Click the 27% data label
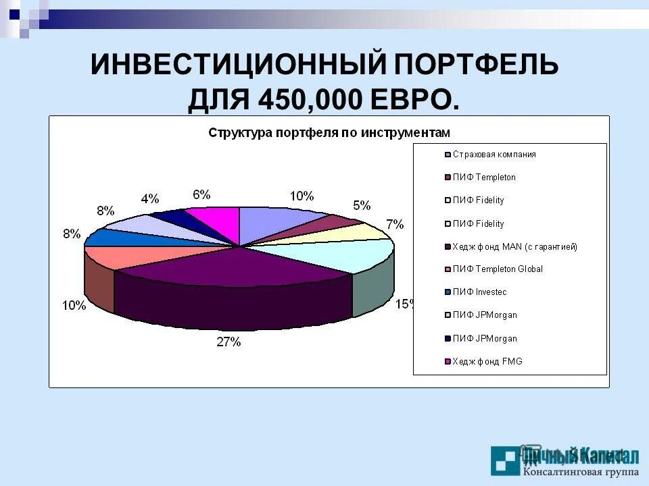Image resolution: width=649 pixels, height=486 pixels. point(229,342)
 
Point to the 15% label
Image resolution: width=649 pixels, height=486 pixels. point(404,304)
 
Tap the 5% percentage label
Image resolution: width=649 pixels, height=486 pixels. point(362,205)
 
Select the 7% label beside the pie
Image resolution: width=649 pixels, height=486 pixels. point(394,224)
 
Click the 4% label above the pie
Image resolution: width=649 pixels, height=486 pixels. point(149,198)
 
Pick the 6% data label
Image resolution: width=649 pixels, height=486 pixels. point(201,194)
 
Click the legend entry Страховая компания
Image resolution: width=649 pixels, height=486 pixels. point(494,155)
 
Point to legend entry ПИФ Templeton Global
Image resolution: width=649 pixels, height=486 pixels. point(498,269)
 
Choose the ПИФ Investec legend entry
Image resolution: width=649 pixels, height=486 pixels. point(479,292)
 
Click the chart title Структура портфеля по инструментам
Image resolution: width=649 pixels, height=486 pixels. point(329,132)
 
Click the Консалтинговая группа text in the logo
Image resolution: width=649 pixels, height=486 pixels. point(581,470)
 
